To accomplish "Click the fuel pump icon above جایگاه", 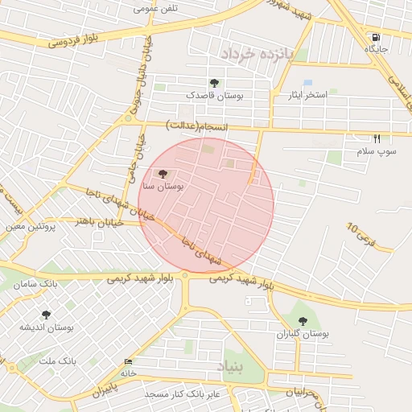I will (376, 37).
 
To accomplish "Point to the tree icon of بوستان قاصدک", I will (214, 83).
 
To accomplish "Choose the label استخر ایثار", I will (308, 95).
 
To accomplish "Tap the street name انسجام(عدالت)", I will (197, 126).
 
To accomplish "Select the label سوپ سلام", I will (377, 151).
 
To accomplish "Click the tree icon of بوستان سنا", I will (163, 173).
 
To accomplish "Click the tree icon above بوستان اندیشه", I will (46, 315).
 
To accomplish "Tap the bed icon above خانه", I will (129, 362).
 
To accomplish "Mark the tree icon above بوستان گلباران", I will (303, 321).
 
